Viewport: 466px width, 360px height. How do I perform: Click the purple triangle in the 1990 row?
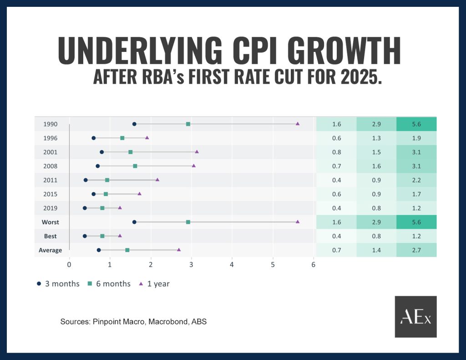click(x=298, y=124)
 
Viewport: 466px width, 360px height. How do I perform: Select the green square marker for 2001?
click(x=131, y=152)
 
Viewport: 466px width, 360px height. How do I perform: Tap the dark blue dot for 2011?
click(x=86, y=180)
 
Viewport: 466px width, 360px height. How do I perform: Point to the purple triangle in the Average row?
click(x=179, y=250)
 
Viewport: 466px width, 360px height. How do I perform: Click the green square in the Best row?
click(x=102, y=236)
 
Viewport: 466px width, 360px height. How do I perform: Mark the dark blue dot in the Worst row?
click(x=134, y=222)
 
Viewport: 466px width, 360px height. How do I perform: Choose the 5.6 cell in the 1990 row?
click(x=416, y=124)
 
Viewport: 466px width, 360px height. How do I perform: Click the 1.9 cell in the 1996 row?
click(x=416, y=138)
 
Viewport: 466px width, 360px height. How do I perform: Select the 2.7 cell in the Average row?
click(x=416, y=250)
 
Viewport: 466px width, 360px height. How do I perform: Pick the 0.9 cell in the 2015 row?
click(x=376, y=194)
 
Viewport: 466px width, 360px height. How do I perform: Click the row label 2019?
click(x=50, y=208)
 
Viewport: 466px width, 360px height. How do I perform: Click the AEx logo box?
click(x=415, y=317)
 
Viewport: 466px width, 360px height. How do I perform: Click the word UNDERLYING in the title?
click(x=141, y=51)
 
